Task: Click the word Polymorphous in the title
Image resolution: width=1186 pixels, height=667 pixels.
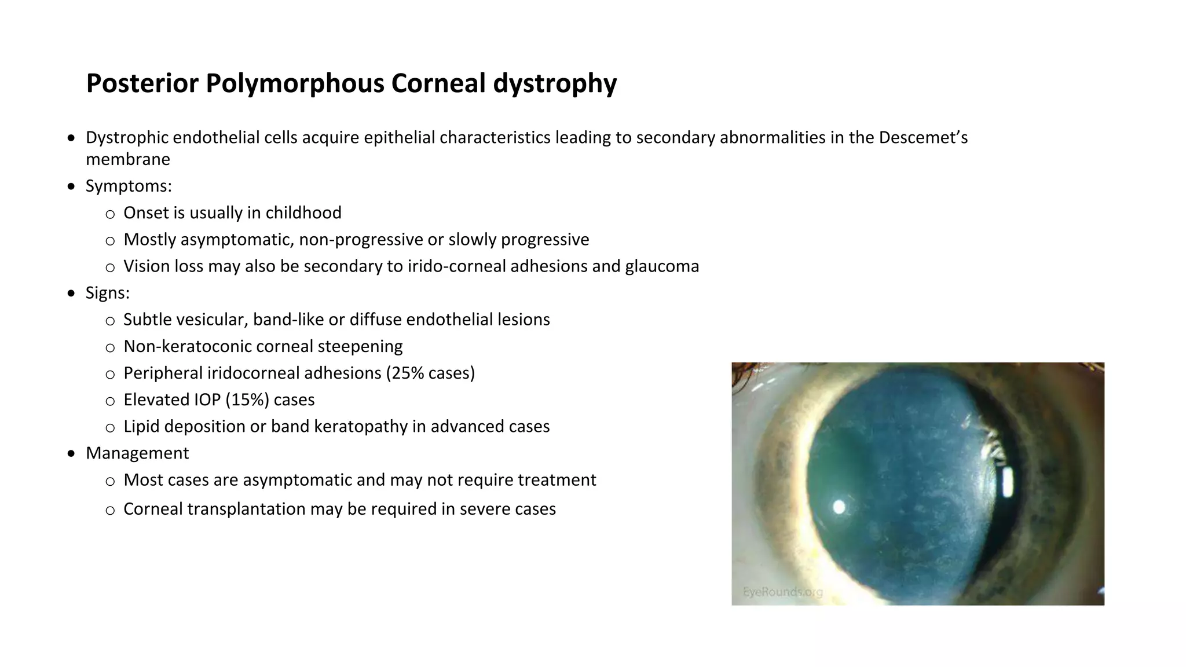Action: [x=295, y=83]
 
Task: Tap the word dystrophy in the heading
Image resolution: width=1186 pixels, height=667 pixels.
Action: [x=555, y=83]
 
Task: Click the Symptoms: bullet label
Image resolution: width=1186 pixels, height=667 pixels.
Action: [x=129, y=186]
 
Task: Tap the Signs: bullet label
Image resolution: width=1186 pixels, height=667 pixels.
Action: [x=108, y=293]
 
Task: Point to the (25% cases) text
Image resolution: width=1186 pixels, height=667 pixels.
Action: [x=430, y=373]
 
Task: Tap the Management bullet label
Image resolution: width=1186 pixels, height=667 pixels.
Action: [x=137, y=453]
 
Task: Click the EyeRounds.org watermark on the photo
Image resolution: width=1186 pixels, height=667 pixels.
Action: [x=782, y=592]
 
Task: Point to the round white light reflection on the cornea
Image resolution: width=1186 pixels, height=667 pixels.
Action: [x=839, y=508]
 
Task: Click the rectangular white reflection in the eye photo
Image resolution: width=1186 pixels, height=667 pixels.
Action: [x=1007, y=482]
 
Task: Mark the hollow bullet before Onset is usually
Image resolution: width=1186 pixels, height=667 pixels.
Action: [x=110, y=214]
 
